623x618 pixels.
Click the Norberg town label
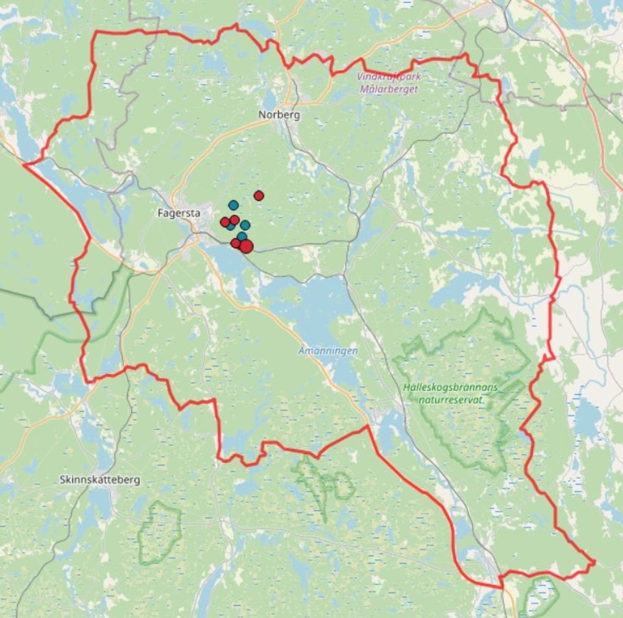[x=279, y=115]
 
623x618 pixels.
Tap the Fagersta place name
[x=178, y=212]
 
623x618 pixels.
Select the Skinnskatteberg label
[x=99, y=481]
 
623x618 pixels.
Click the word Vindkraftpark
[x=387, y=77]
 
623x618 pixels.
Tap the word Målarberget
[x=389, y=88]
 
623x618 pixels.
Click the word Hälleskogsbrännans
[x=450, y=388]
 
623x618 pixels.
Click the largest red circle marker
[x=246, y=246]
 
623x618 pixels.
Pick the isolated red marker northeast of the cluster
[x=259, y=195]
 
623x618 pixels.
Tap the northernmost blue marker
[x=233, y=205]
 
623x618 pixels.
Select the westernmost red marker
[x=225, y=222]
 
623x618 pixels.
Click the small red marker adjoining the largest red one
[x=236, y=243]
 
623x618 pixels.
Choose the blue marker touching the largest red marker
[x=242, y=237]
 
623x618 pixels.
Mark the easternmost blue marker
[x=245, y=225]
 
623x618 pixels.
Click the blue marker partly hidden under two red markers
[x=230, y=226]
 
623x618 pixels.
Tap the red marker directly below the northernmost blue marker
[x=234, y=220]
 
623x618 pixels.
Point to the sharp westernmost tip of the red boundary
[x=25, y=165]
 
